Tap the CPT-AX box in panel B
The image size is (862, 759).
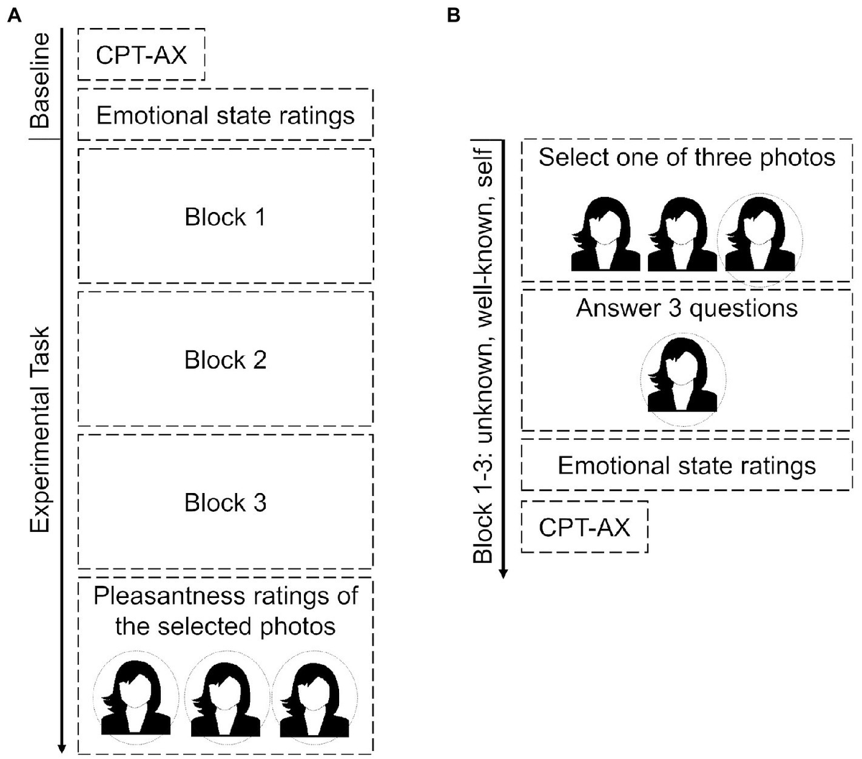pos(584,528)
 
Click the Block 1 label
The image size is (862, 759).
pos(225,217)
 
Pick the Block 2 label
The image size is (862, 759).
pos(225,359)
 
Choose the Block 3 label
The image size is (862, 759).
pos(225,502)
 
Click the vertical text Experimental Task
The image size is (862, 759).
pos(41,429)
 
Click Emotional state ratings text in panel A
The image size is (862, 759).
pos(225,115)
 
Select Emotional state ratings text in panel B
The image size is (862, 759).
pos(687,465)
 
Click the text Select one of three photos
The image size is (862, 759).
pos(687,157)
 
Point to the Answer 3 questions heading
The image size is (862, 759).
pos(687,308)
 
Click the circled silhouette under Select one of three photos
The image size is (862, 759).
pos(759,234)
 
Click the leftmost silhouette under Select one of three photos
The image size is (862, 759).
pos(605,234)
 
